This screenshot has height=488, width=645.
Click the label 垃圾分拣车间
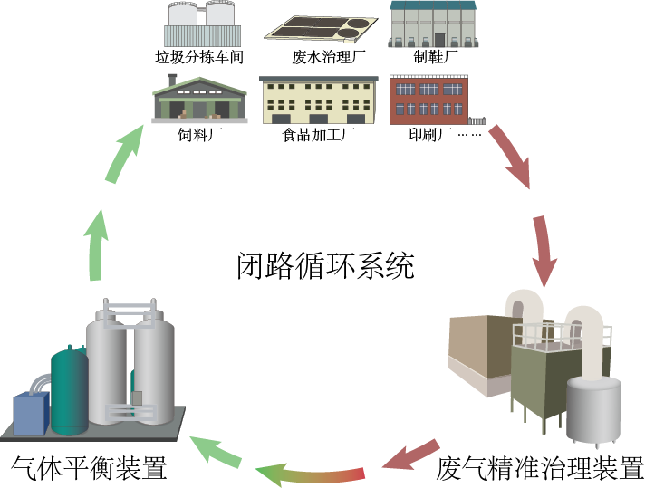click(199, 58)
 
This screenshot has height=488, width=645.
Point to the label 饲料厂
click(200, 135)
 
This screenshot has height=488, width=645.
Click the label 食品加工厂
click(318, 135)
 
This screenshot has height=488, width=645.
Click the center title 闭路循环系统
click(325, 265)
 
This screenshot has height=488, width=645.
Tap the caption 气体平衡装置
click(89, 468)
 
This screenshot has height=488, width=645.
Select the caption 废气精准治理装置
click(539, 468)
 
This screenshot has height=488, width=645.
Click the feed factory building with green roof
click(200, 98)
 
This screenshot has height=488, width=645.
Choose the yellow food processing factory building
click(318, 100)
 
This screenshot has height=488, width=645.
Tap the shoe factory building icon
click(433, 23)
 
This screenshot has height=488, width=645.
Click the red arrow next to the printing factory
click(511, 156)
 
